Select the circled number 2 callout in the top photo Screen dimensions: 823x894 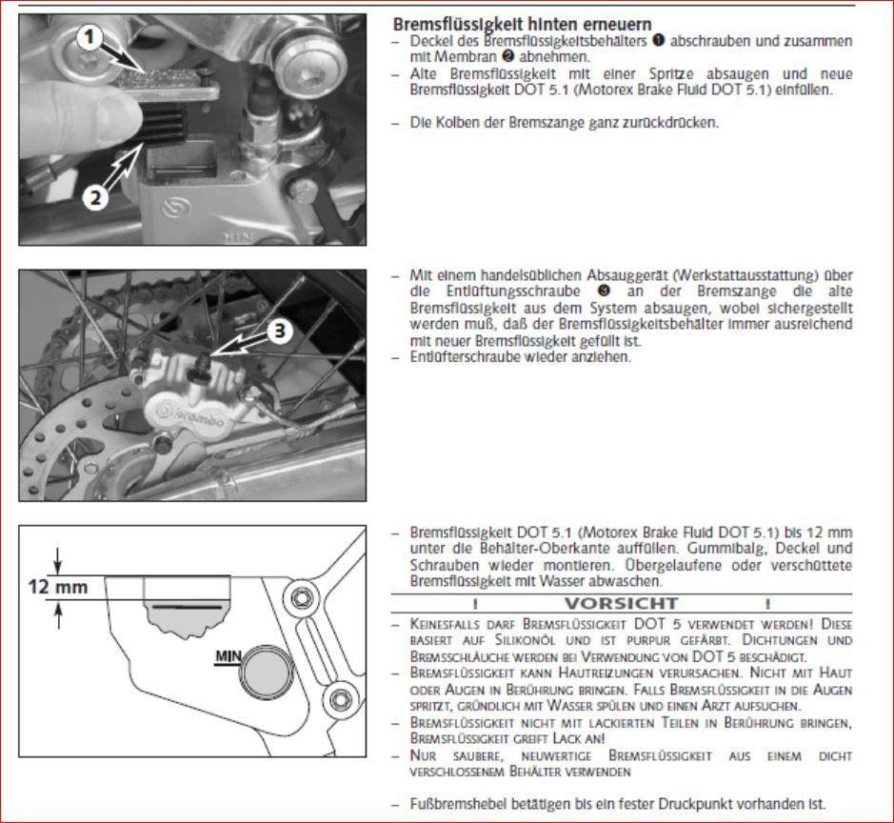[x=94, y=198]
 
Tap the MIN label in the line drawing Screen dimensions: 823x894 [x=227, y=656]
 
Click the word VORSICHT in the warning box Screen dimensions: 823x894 [x=622, y=603]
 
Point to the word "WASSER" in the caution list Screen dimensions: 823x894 [x=628, y=705]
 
